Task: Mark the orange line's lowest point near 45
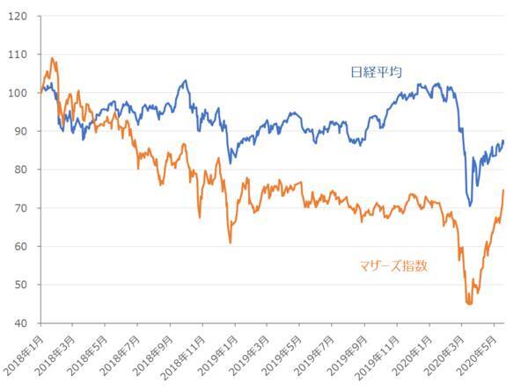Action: click(468, 303)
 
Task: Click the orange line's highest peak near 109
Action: click(53, 58)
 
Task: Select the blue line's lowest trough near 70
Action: click(470, 206)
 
